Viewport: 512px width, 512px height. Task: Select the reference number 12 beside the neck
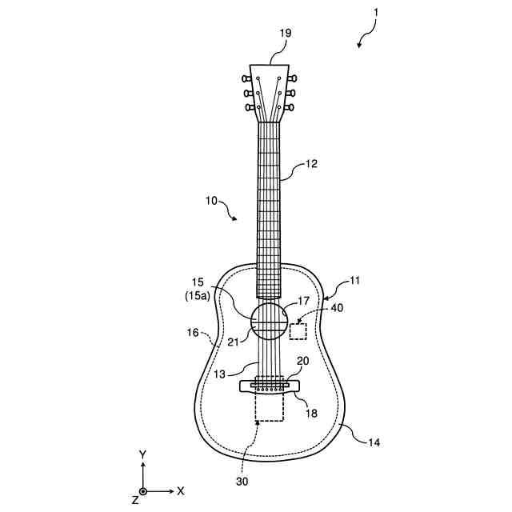pos(311,165)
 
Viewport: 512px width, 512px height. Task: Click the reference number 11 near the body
pos(355,282)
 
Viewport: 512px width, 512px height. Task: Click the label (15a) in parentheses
pos(194,296)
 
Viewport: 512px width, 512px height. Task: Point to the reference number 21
pos(233,342)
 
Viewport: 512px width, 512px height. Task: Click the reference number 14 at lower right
pos(374,441)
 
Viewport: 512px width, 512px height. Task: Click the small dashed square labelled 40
pos(298,331)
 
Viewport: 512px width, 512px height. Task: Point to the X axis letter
pos(181,490)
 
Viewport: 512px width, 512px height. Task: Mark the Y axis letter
pos(142,454)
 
